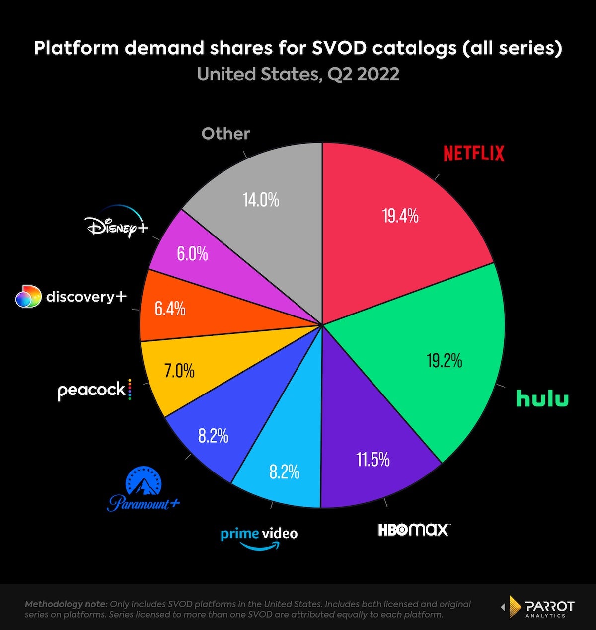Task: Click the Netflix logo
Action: pos(473,154)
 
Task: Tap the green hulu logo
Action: pos(542,398)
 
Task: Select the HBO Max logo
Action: pos(413,530)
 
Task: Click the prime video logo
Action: pos(259,538)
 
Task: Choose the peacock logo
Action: pos(94,390)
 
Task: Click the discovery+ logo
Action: pos(71,297)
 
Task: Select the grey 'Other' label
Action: pos(225,134)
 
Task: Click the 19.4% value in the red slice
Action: pos(400,216)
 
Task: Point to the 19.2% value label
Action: pos(444,360)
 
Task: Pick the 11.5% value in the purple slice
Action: pos(372,460)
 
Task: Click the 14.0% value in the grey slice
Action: pos(261,200)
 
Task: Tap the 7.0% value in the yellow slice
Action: pos(179,371)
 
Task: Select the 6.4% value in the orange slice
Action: pos(170,309)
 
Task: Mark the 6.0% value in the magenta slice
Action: pos(192,254)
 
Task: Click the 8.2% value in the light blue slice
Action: pos(284,472)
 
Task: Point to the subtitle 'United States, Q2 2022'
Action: pos(298,74)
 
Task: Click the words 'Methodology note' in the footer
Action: pos(66,604)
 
